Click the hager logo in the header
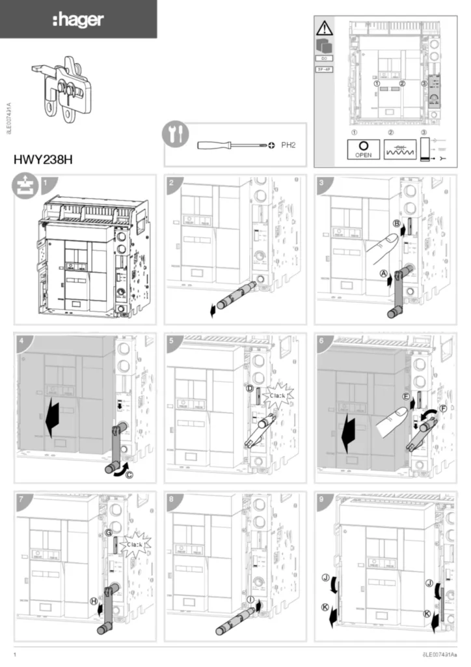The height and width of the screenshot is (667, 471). pos(77,20)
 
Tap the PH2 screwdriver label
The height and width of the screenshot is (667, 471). pos(288,145)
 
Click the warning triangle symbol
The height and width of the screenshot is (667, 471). pos(324,28)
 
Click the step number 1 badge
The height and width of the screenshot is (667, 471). pos(46,183)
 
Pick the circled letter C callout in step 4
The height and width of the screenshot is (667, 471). pos(129,475)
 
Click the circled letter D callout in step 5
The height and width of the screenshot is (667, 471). pos(250,389)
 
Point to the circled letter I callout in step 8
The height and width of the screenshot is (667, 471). pos(250,599)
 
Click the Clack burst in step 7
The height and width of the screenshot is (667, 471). pos(135,543)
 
